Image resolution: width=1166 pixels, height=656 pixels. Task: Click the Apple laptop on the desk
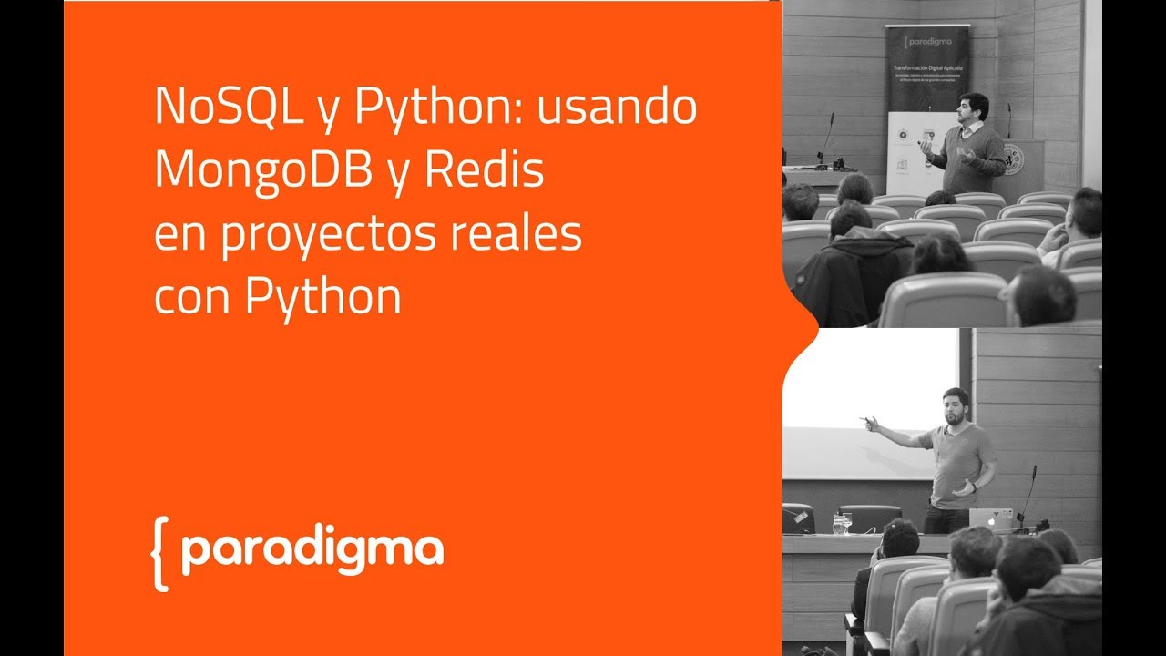pos(990,519)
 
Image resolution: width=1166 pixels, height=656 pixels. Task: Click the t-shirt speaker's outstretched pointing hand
pos(868,422)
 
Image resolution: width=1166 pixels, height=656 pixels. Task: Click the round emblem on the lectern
pos(1012,159)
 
